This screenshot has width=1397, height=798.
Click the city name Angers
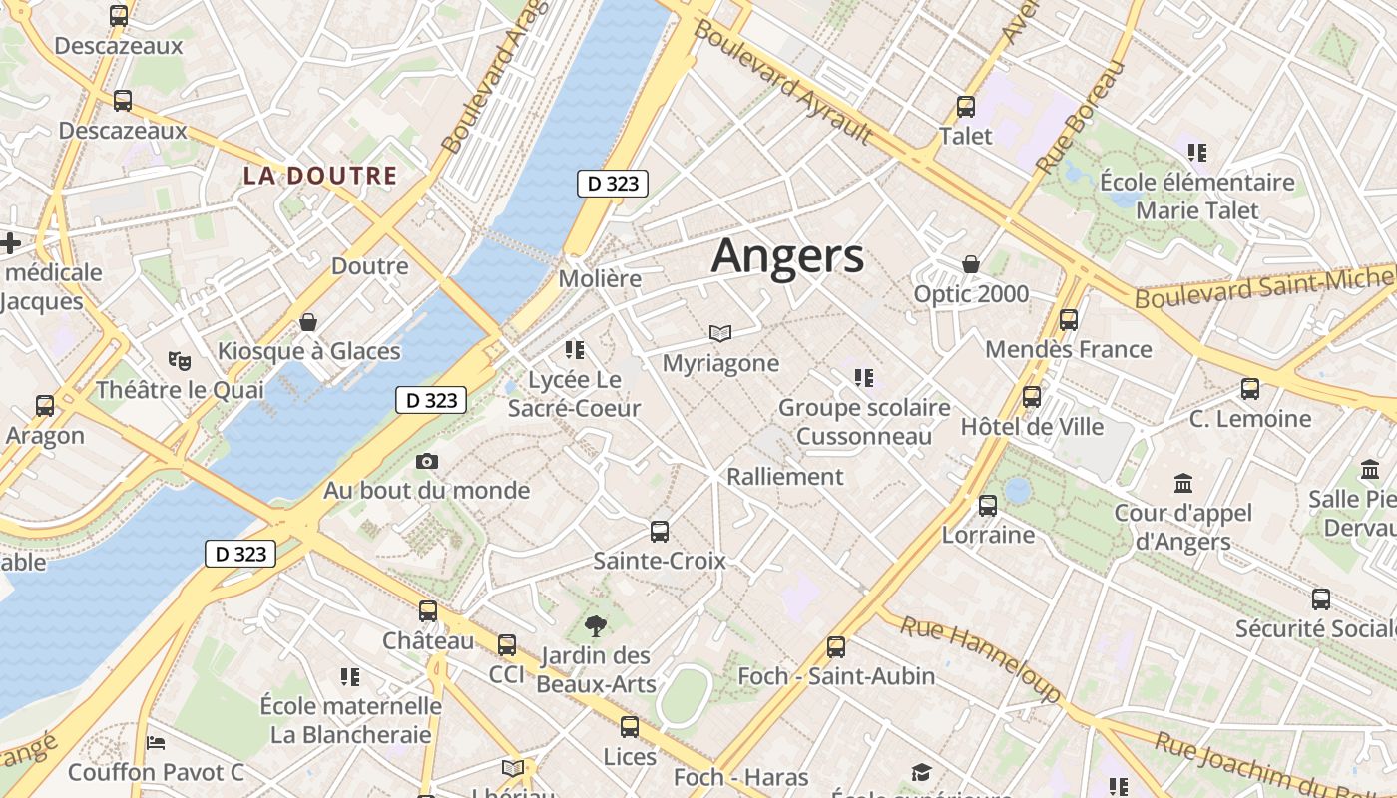tap(787, 255)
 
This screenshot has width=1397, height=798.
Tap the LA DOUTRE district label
tap(320, 176)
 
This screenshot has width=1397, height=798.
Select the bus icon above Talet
tap(965, 106)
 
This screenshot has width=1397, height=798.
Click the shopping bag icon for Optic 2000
tap(970, 264)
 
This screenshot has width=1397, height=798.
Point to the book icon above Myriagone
tap(720, 333)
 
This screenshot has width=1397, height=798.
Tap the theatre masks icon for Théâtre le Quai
tap(180, 359)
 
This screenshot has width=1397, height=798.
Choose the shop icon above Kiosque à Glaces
tap(308, 322)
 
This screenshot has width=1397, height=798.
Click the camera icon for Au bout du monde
tap(427, 461)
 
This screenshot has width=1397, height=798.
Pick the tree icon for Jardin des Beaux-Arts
tap(596, 626)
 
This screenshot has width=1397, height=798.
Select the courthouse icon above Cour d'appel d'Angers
tap(1183, 484)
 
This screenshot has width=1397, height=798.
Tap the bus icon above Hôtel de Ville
tap(1032, 397)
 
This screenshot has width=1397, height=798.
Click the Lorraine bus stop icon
tap(988, 505)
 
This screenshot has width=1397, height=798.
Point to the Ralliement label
tap(785, 476)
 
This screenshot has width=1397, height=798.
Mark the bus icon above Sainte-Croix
tap(660, 532)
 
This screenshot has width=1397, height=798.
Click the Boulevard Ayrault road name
tap(782, 80)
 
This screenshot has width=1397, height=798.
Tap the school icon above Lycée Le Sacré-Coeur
tap(574, 349)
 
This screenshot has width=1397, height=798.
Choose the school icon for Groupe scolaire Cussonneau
tap(863, 378)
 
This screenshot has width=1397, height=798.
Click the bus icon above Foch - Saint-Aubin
tap(836, 647)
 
